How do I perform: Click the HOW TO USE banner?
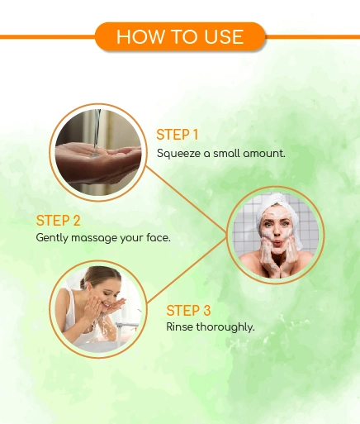pos(180,36)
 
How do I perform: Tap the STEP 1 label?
pos(178,135)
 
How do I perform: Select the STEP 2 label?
pos(58,221)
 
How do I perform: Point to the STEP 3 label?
pos(188,311)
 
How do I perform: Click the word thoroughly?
pos(225,327)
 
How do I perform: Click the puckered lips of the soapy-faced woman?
pos(278,244)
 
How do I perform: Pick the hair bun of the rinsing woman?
pos(83,283)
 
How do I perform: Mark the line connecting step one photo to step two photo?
pos(187,199)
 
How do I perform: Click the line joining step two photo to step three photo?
pos(187,272)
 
